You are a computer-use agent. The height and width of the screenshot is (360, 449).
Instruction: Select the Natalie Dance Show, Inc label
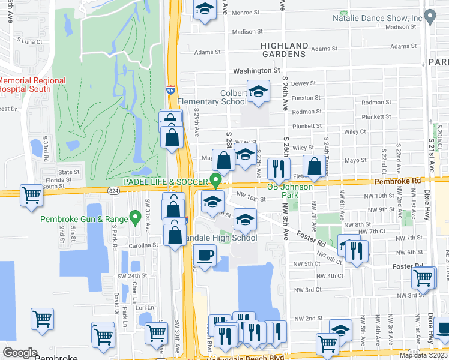click(x=378, y=18)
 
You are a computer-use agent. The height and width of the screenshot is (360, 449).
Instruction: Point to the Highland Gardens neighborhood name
click(x=284, y=49)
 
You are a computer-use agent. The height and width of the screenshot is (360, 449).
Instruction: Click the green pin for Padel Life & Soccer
click(x=215, y=179)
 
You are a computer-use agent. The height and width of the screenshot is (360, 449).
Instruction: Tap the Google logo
click(x=20, y=353)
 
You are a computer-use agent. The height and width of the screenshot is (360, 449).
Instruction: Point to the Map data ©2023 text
click(x=423, y=355)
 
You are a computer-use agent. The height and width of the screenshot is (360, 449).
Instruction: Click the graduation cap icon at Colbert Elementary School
click(x=258, y=91)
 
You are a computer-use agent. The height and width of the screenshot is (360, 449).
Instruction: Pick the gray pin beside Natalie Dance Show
click(x=429, y=16)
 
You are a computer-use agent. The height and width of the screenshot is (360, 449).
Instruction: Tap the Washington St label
click(x=256, y=70)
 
